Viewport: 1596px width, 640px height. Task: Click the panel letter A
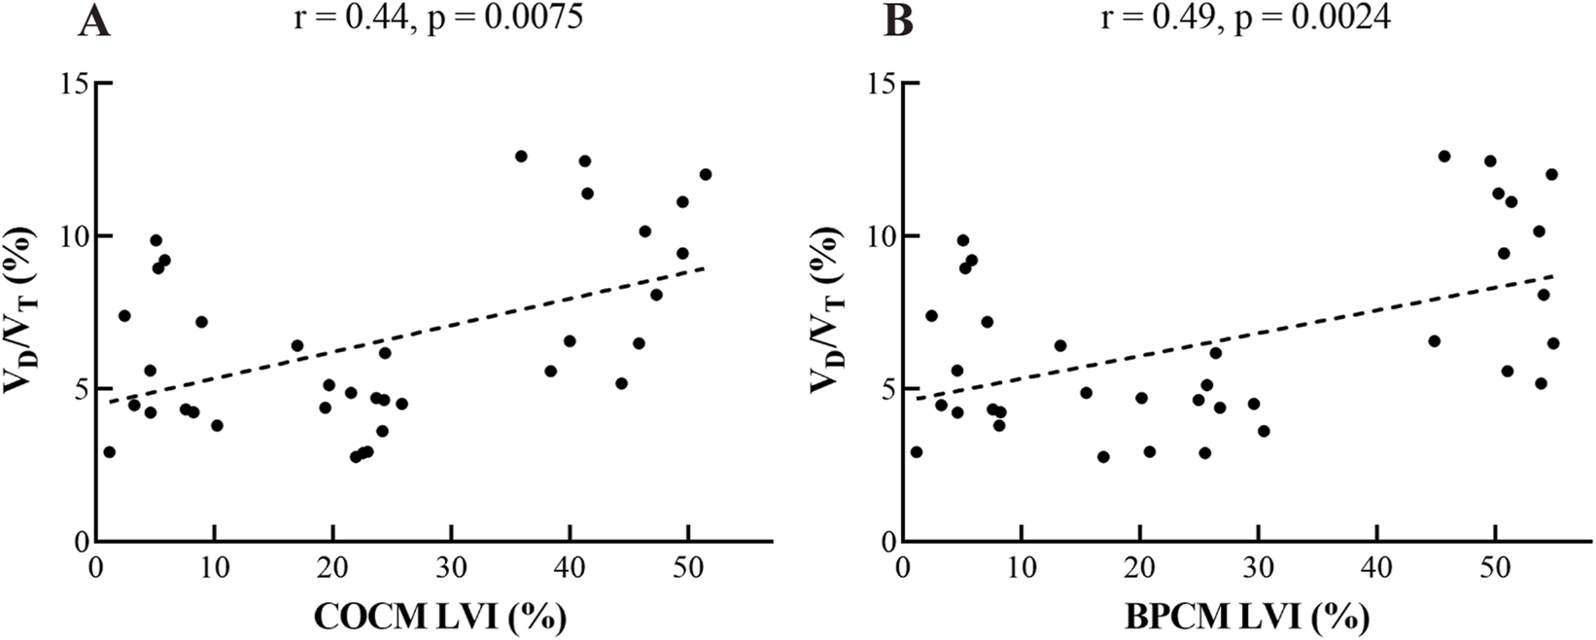click(x=94, y=21)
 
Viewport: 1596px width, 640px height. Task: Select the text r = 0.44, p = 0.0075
click(x=438, y=17)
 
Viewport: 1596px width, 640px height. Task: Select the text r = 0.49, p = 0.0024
click(x=1245, y=17)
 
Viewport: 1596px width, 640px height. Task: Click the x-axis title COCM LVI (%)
click(x=438, y=616)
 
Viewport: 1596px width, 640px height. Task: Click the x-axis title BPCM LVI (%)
click(x=1245, y=616)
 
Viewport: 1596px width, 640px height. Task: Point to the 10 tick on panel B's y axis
click(x=882, y=236)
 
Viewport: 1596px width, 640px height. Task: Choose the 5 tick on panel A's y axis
click(x=80, y=389)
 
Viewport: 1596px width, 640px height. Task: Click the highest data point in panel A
click(x=521, y=156)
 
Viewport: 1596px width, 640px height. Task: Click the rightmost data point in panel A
click(x=706, y=174)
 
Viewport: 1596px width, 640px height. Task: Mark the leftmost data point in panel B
click(x=916, y=452)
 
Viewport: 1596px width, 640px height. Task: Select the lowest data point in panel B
click(x=1103, y=457)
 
